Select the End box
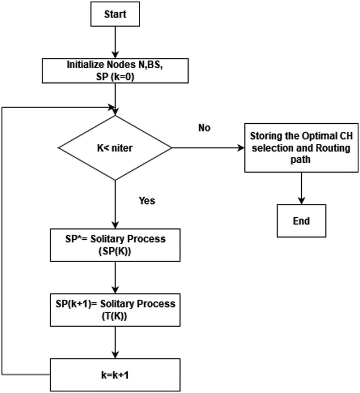301,221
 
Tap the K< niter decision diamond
114,148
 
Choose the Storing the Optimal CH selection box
301,148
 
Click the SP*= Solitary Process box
114,245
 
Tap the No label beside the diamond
204,128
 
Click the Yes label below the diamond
147,200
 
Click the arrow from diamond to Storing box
208,148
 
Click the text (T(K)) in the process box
114,316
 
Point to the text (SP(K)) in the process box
114,251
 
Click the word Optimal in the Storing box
320,136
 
